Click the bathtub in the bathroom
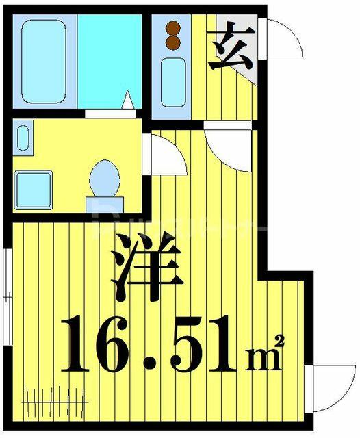pyautogui.click(x=44, y=62)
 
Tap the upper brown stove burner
pyautogui.click(x=173, y=28)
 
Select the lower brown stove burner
pyautogui.click(x=173, y=42)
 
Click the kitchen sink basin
pyautogui.click(x=173, y=82)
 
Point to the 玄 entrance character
pyautogui.click(x=231, y=46)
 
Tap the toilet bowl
pyautogui.click(x=105, y=178)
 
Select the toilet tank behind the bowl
pyautogui.click(x=105, y=205)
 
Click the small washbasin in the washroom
pyautogui.click(x=23, y=138)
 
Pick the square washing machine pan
pyautogui.click(x=34, y=190)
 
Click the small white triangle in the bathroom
pyautogui.click(x=128, y=99)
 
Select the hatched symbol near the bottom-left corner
pyautogui.click(x=55, y=402)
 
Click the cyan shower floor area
pyautogui.click(x=110, y=62)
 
